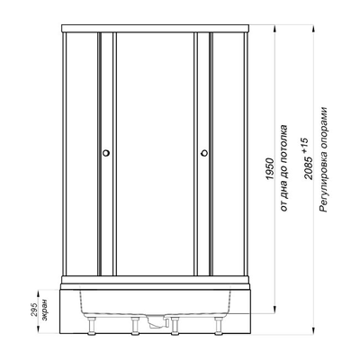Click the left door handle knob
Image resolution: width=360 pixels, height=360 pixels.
(106, 153)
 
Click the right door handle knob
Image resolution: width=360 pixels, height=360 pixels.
(204, 153)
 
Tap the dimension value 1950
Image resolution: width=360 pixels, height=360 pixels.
(271, 169)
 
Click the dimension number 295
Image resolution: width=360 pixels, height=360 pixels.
(33, 310)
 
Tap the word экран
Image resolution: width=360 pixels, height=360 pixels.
(44, 310)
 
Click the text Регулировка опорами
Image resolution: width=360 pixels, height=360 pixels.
(323, 159)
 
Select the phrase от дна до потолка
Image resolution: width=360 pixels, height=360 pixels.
(284, 168)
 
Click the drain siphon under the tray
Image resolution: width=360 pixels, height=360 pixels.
(157, 321)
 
